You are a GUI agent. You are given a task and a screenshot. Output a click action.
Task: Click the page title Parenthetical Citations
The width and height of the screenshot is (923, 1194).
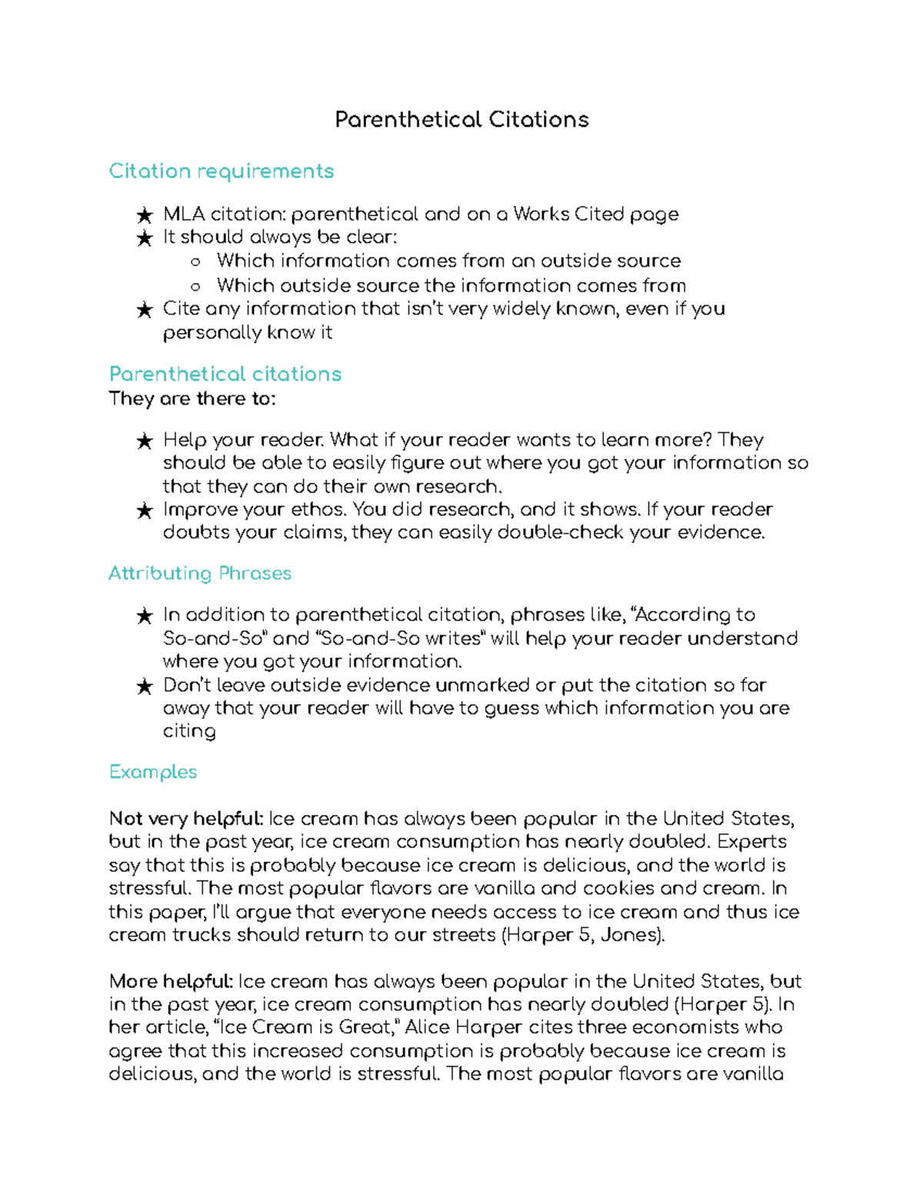[x=461, y=120]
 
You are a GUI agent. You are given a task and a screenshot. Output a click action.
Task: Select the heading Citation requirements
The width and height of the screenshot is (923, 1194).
[x=221, y=171]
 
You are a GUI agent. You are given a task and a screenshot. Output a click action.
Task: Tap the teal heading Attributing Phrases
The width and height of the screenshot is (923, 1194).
[x=200, y=574]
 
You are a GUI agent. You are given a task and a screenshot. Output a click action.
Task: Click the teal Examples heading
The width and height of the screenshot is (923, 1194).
[x=153, y=772]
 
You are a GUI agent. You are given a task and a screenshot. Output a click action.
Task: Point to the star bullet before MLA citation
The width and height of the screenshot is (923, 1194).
[x=144, y=215]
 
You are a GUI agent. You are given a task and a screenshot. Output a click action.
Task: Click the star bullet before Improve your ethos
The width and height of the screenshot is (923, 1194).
[x=144, y=511]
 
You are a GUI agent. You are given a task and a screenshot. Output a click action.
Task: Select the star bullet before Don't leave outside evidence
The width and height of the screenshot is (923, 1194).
[x=144, y=687]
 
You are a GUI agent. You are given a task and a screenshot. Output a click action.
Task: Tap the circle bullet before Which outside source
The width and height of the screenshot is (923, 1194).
[x=195, y=287]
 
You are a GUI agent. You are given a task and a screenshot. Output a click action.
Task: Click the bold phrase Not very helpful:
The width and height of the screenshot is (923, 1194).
[x=186, y=818]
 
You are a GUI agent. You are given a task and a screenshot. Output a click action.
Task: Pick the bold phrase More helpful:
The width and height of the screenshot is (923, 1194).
[x=171, y=981]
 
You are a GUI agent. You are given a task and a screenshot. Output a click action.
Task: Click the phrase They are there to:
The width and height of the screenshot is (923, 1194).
[x=192, y=399]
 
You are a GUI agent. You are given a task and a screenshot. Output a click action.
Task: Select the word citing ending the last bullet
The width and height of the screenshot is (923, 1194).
[x=189, y=731]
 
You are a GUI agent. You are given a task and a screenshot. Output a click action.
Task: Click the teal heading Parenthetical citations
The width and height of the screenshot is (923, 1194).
[x=225, y=374]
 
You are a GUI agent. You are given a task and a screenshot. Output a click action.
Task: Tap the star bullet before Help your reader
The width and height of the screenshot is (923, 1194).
[x=144, y=441]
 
